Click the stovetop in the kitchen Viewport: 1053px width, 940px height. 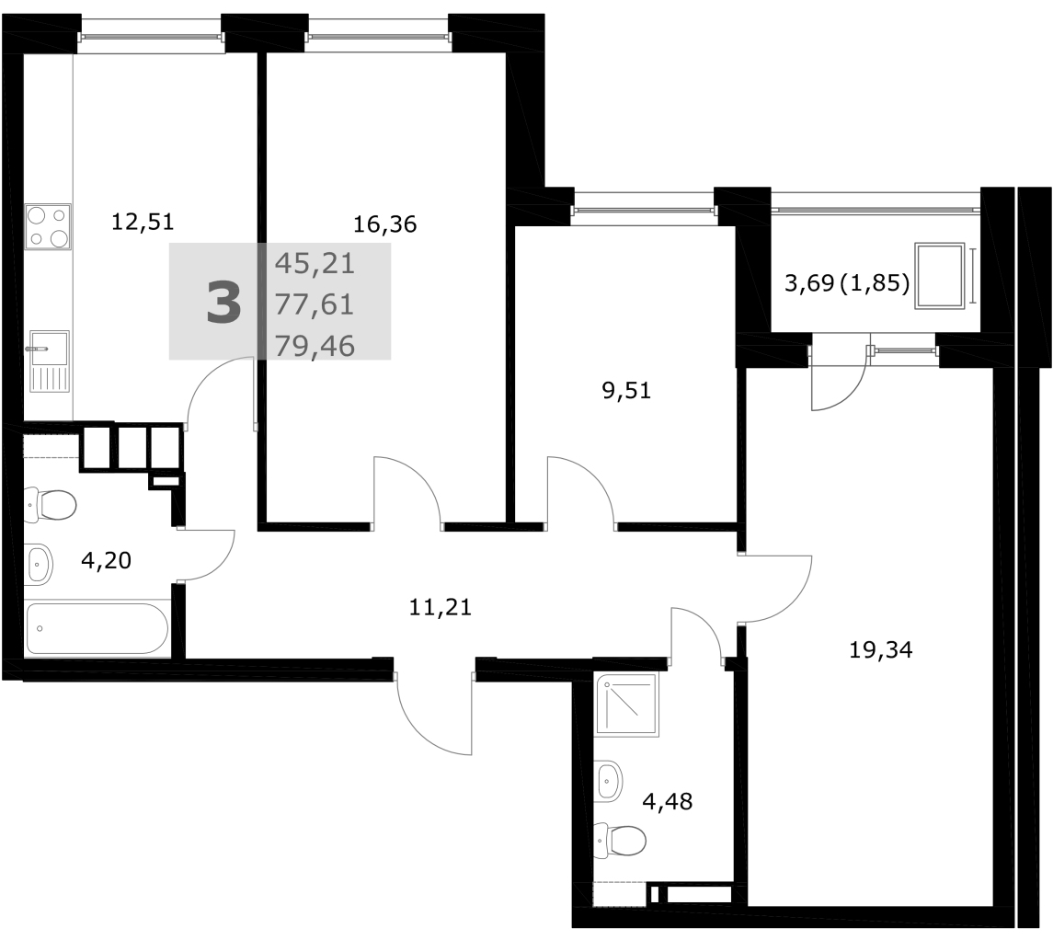pyautogui.click(x=48, y=227)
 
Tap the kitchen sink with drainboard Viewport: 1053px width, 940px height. pyautogui.click(x=48, y=361)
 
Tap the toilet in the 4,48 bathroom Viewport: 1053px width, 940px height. pyautogui.click(x=620, y=839)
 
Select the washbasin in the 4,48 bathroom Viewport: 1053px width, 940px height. pyautogui.click(x=609, y=781)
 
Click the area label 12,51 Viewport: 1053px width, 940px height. pyautogui.click(x=143, y=221)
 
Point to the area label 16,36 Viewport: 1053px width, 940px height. pyautogui.click(x=384, y=224)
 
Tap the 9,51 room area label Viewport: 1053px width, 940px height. pyautogui.click(x=626, y=390)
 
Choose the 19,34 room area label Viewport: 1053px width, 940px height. pyautogui.click(x=880, y=650)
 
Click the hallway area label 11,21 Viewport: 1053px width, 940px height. pyautogui.click(x=441, y=607)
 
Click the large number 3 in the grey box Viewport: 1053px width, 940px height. pyautogui.click(x=223, y=303)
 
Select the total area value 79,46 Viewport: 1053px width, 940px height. pyautogui.click(x=315, y=346)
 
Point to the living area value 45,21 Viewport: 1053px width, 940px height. pyautogui.click(x=315, y=263)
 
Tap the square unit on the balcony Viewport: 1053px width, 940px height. pyautogui.click(x=939, y=276)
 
